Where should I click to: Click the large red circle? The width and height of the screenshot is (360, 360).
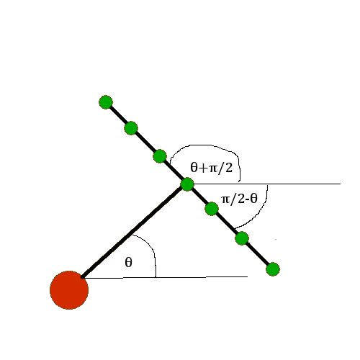(x=69, y=290)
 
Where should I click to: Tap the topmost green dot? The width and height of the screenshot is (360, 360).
(x=106, y=102)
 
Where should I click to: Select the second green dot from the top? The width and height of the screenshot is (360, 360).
(x=131, y=128)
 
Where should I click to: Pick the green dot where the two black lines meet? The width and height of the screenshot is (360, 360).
(x=187, y=184)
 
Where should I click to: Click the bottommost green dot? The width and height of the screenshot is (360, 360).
(x=273, y=269)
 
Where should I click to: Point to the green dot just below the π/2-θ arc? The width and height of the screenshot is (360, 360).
(x=242, y=238)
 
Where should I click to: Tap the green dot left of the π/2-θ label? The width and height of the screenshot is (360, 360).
(x=212, y=209)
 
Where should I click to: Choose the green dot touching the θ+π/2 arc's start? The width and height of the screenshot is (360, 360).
(x=160, y=156)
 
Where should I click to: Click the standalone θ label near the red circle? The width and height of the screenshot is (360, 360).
(x=129, y=262)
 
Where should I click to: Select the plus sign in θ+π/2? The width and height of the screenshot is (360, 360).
(x=204, y=168)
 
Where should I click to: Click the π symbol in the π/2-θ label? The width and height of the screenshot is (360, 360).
(x=226, y=199)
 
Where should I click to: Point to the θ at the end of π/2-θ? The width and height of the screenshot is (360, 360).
(x=253, y=199)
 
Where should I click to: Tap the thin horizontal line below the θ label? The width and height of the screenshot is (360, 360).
(x=166, y=277)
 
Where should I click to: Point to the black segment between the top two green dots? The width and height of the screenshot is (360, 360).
(x=118, y=115)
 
